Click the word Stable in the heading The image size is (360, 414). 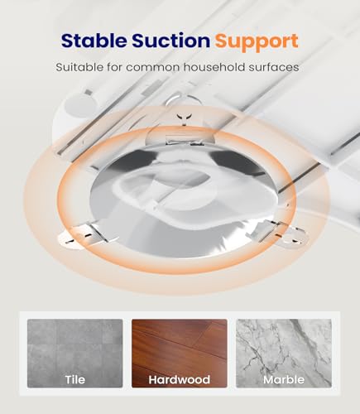point(94,41)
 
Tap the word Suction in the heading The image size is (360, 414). point(171,41)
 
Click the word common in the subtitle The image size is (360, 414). point(153,68)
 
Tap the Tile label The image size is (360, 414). point(75,379)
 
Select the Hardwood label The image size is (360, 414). point(180,379)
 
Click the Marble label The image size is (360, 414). point(284,379)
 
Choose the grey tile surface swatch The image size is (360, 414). point(75,354)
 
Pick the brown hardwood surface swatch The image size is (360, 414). point(180,354)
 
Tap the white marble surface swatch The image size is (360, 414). point(284,354)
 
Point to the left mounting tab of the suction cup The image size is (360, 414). point(80,235)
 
